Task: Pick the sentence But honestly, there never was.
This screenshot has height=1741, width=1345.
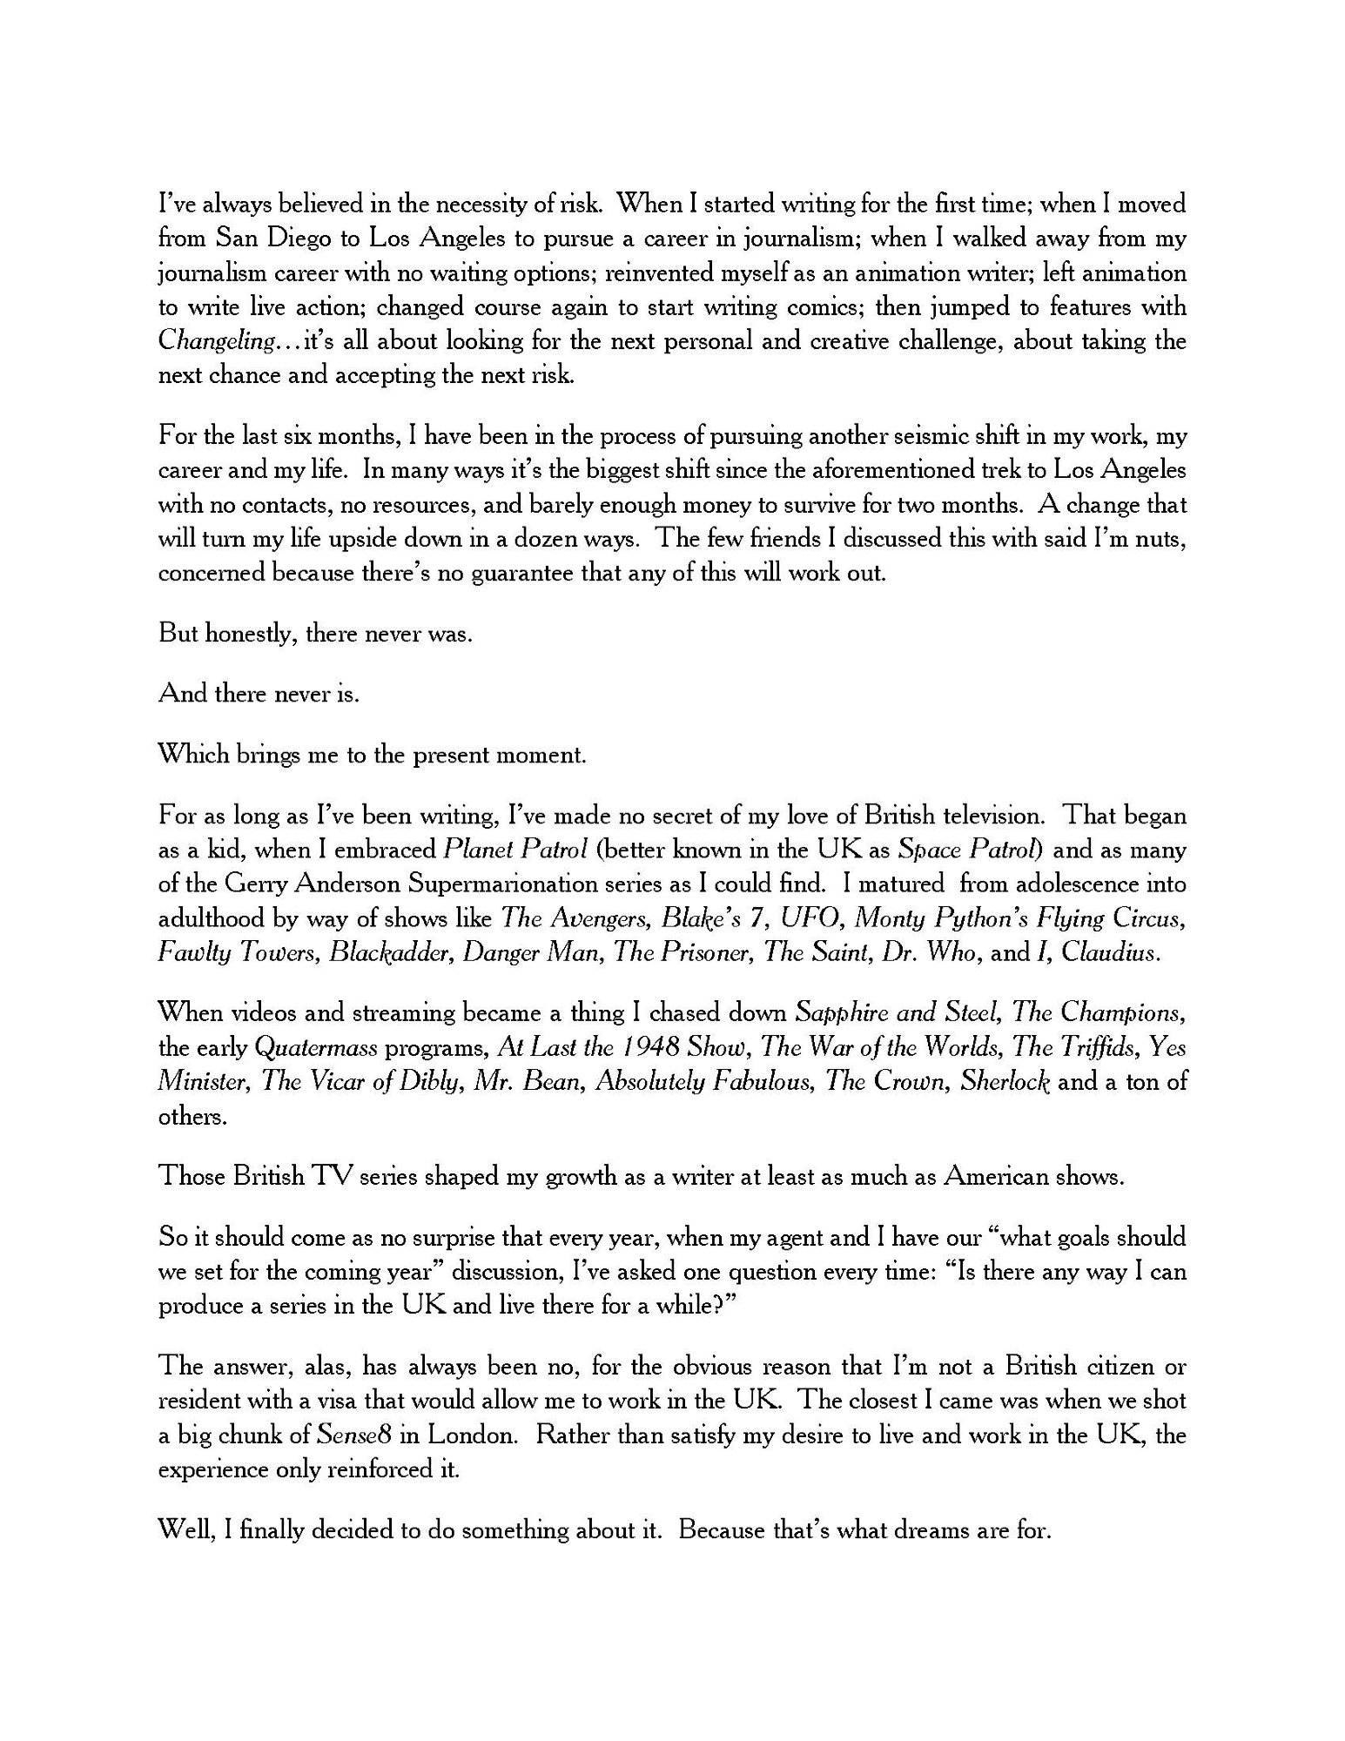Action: pyautogui.click(x=315, y=634)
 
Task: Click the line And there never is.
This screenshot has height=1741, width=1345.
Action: pyautogui.click(x=259, y=694)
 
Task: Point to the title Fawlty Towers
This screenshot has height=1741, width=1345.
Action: pyautogui.click(x=238, y=952)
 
